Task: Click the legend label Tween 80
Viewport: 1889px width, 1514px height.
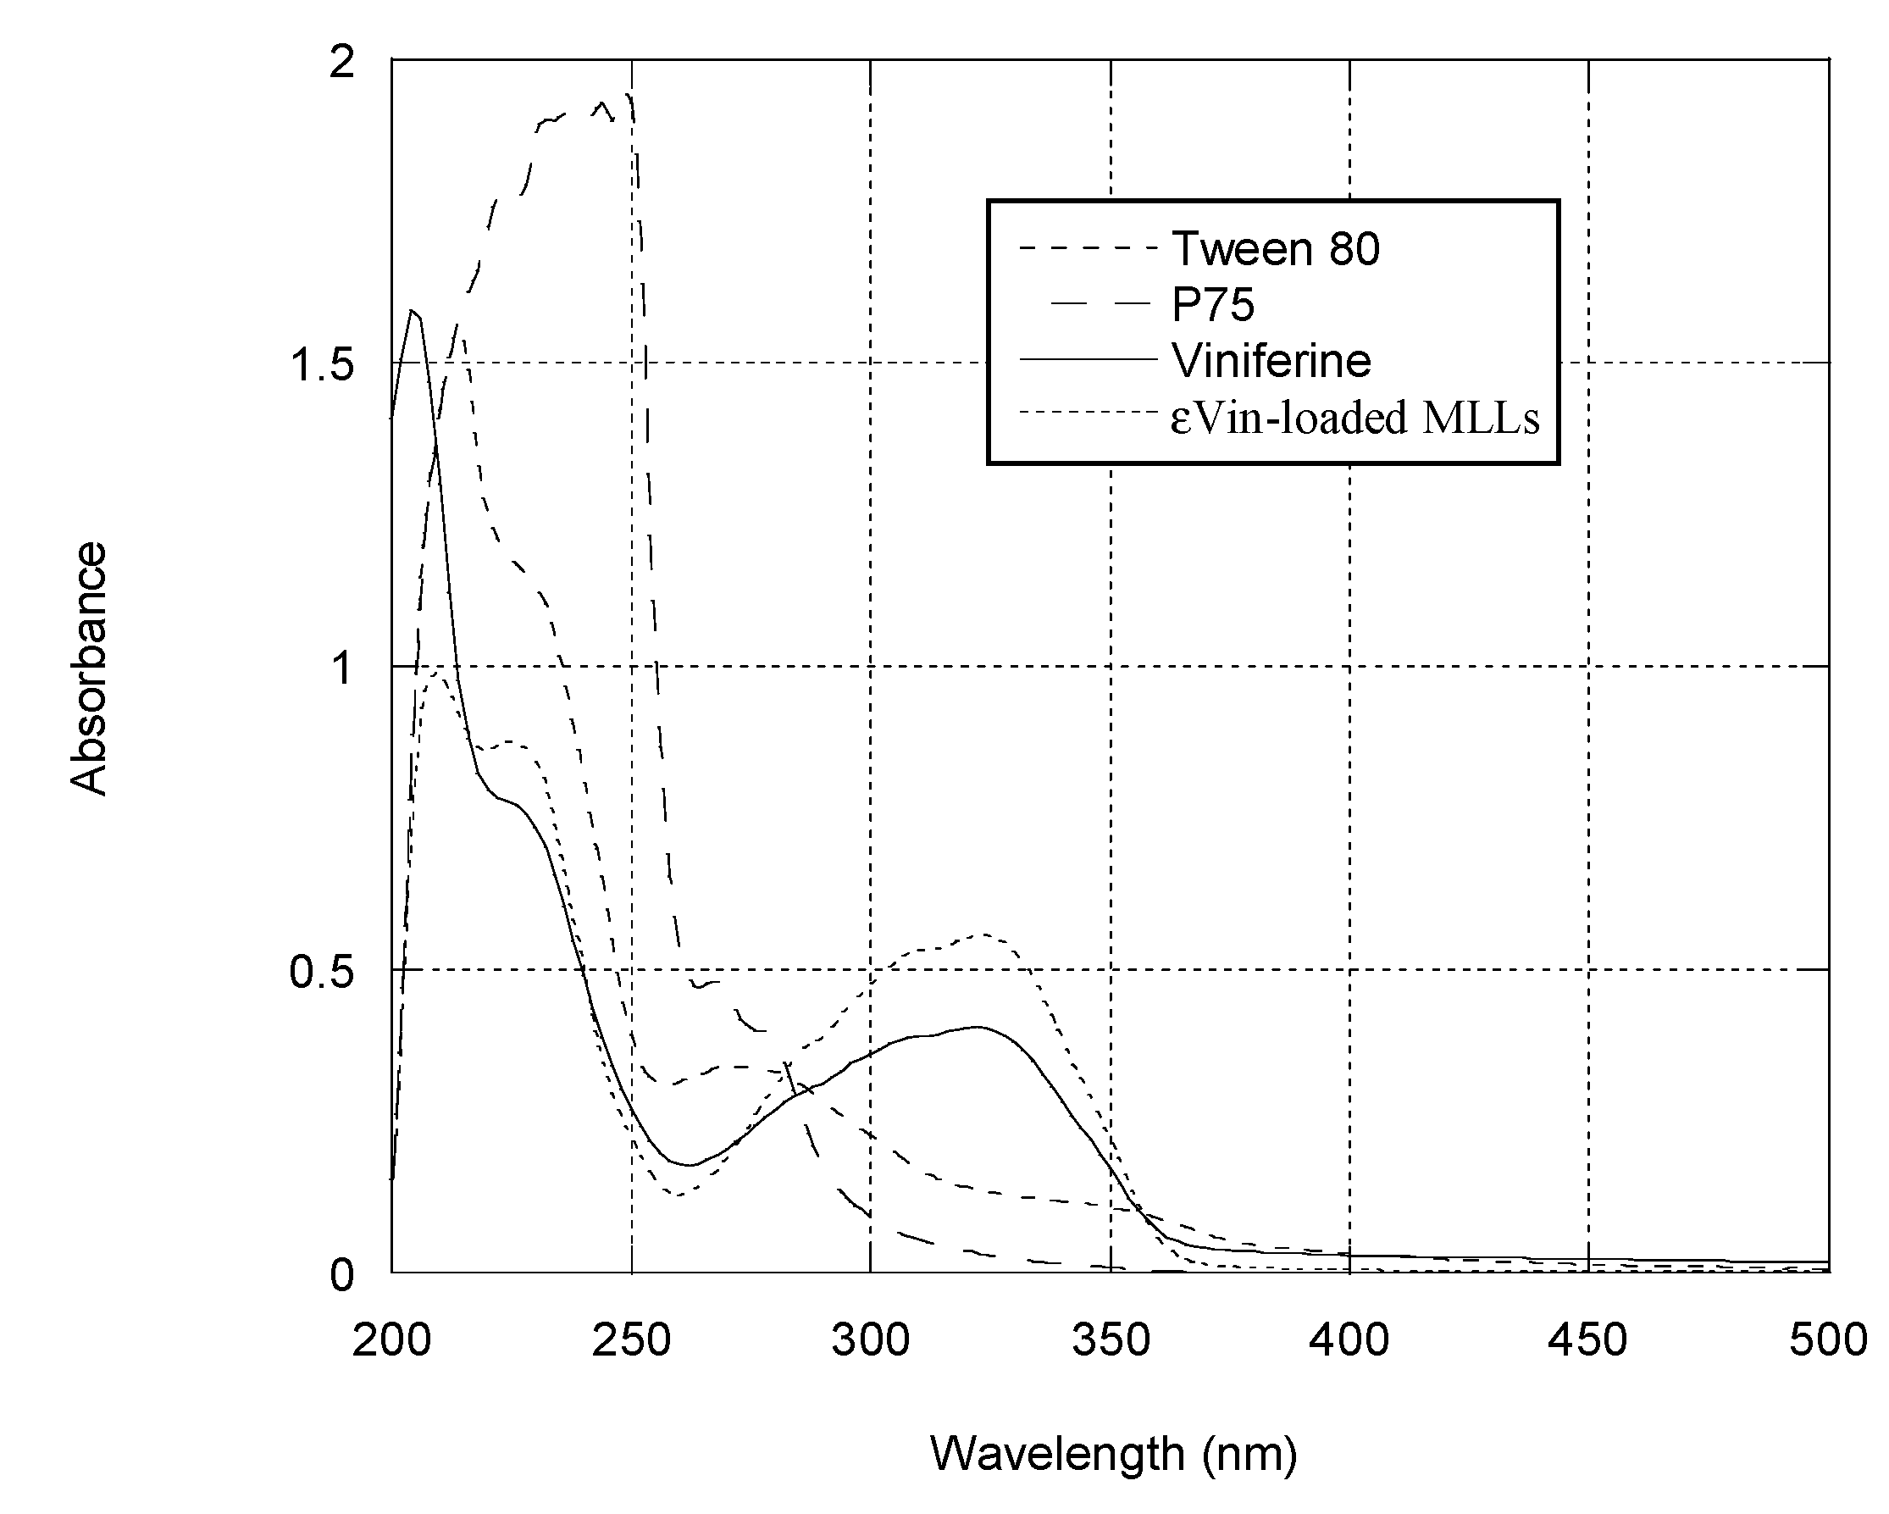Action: pyautogui.click(x=1275, y=249)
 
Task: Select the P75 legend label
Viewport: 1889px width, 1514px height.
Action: pyautogui.click(x=1214, y=305)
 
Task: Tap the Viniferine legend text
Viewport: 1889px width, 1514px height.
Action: pyautogui.click(x=1271, y=360)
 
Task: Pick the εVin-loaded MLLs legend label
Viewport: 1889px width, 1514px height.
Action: pyautogui.click(x=1354, y=417)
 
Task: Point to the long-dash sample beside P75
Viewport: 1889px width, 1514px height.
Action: pyautogui.click(x=1100, y=303)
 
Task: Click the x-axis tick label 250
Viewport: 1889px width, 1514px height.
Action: pyautogui.click(x=631, y=1340)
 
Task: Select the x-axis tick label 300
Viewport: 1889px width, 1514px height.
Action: pyautogui.click(x=870, y=1340)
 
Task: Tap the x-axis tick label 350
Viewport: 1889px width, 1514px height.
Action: pyautogui.click(x=1110, y=1340)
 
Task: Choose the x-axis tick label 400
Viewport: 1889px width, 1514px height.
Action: pyautogui.click(x=1349, y=1340)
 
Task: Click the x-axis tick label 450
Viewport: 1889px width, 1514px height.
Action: pyautogui.click(x=1587, y=1340)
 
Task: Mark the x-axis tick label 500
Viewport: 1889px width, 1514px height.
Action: pyautogui.click(x=1827, y=1340)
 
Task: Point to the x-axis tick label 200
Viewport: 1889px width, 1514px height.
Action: pyautogui.click(x=391, y=1340)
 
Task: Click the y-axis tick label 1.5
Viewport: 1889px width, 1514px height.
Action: pyautogui.click(x=322, y=363)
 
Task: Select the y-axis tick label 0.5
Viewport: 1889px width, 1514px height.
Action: pyautogui.click(x=322, y=972)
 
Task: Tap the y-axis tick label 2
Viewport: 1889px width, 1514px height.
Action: pyautogui.click(x=341, y=61)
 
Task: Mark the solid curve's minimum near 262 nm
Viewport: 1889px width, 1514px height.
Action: pyautogui.click(x=690, y=1165)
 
